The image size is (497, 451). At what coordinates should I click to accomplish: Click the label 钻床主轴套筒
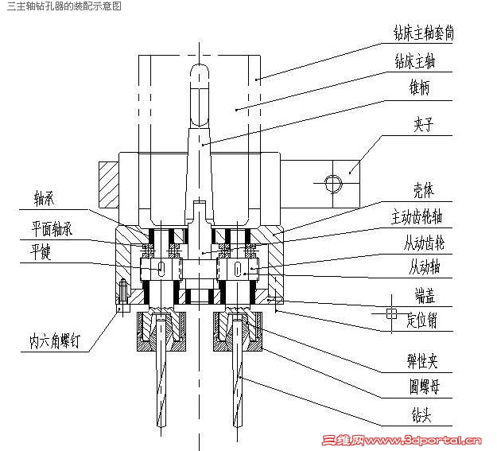point(429,33)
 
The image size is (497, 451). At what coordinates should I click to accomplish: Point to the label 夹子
point(423,125)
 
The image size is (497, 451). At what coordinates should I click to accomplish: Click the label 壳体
point(423,191)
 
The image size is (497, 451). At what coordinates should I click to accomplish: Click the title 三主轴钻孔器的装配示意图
point(64,6)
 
